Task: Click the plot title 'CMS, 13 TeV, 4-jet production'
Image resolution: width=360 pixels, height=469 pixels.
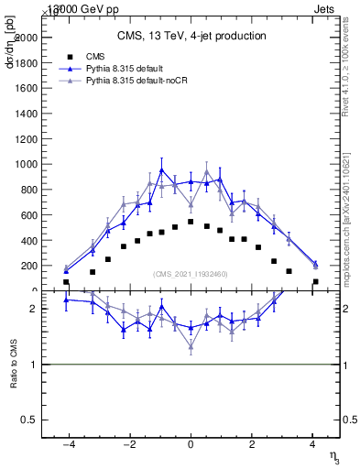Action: [x=191, y=37]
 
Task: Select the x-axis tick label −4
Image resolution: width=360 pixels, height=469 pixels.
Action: [x=68, y=445]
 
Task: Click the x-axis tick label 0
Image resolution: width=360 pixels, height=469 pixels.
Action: [x=191, y=445]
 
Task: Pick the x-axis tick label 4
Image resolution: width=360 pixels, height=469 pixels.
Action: [x=312, y=445]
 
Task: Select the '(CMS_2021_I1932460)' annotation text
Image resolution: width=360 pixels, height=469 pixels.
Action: [x=191, y=274]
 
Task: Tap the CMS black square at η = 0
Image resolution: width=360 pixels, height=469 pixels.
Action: [x=191, y=222]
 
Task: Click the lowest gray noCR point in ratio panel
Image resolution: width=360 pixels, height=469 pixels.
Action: [x=191, y=347]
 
